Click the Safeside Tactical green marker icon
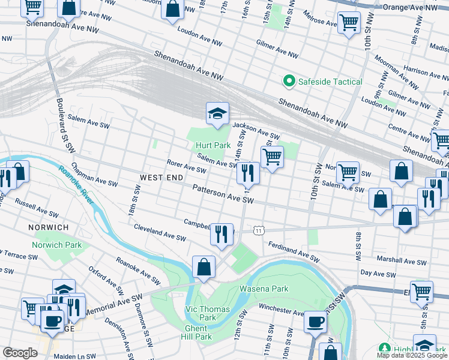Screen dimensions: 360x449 point(288,82)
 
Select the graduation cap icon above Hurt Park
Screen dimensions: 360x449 point(218,113)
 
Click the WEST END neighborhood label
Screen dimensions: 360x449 point(158,178)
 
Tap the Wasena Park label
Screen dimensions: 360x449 point(264,289)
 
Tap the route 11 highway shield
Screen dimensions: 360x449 point(258,230)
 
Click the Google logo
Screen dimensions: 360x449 point(20,353)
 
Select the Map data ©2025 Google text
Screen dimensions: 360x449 point(412,355)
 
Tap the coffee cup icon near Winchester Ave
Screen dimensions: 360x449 point(315,322)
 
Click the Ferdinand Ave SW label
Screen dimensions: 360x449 point(294,251)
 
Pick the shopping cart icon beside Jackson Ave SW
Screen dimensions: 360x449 point(272,157)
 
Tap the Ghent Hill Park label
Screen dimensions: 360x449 point(195,332)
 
